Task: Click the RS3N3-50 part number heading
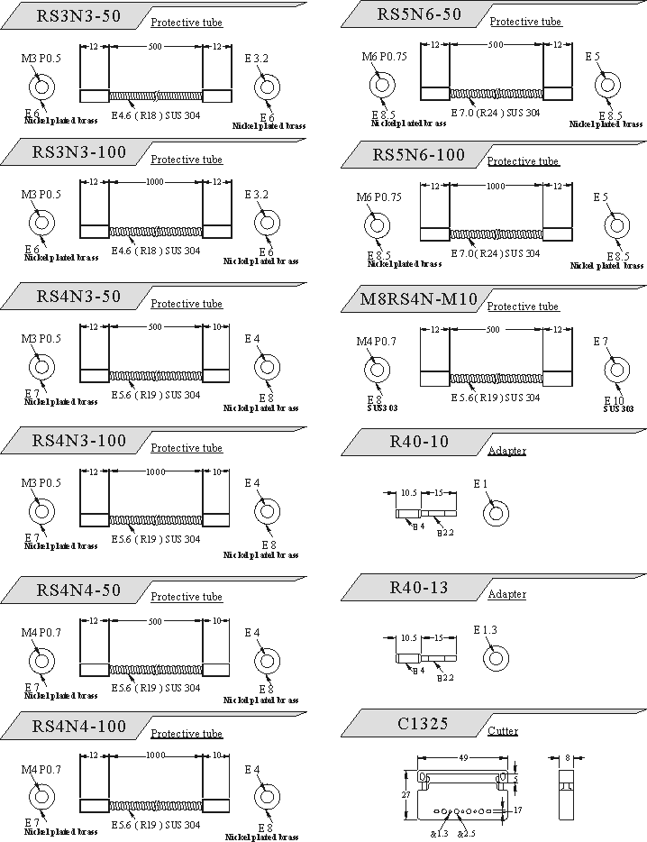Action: pos(77,15)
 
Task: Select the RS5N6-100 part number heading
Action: pos(418,154)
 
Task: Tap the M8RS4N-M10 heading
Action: pos(418,298)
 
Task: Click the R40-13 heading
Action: pos(419,588)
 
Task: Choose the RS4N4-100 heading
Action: pos(79,726)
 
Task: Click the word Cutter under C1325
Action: pos(503,730)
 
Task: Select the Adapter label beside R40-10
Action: pos(506,450)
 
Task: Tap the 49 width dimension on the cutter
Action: pos(463,758)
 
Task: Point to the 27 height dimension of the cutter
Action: pos(406,794)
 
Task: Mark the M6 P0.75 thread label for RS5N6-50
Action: pos(384,57)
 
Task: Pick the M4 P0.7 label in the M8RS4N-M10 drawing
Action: pos(379,342)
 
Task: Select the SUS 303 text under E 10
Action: pos(618,408)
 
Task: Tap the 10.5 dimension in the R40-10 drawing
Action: pos(407,493)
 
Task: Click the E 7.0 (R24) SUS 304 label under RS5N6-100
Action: pos(495,253)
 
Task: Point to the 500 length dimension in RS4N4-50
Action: pos(155,621)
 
